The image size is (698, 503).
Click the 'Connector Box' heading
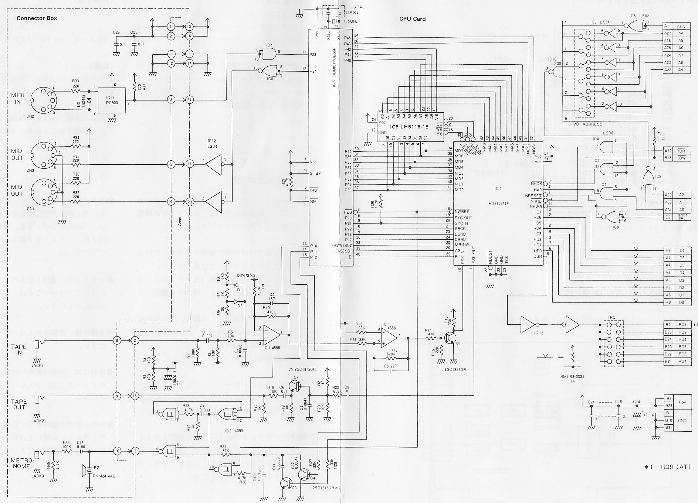37,18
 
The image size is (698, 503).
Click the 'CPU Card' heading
412,19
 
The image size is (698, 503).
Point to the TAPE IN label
19,349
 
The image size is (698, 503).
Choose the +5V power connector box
682,402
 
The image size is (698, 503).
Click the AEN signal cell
681,26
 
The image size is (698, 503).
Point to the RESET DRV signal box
682,217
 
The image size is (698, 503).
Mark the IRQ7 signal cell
682,362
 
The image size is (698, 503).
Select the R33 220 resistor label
76,83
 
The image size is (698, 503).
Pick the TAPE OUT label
19,404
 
